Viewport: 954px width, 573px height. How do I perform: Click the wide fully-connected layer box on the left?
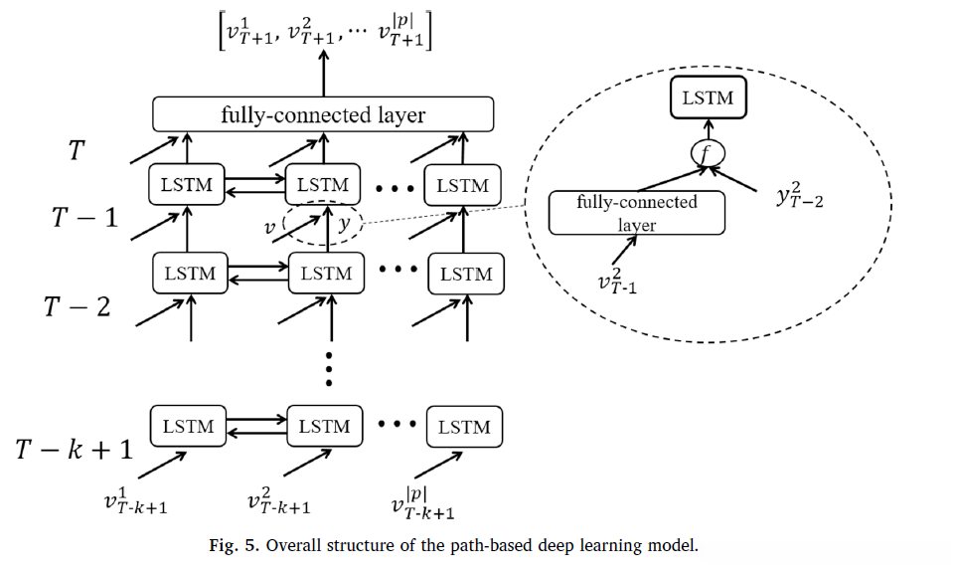[x=323, y=114]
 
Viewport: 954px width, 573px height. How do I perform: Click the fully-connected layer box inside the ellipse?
[x=637, y=213]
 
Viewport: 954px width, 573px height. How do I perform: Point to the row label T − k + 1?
[x=74, y=449]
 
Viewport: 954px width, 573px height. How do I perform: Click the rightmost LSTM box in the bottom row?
[x=464, y=428]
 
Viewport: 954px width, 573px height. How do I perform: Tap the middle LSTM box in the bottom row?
[x=324, y=427]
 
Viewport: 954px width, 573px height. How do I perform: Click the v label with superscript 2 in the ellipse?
[x=619, y=283]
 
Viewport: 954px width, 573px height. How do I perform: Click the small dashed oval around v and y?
[x=323, y=225]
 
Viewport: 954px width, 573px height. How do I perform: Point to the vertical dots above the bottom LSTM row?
[x=329, y=369]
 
